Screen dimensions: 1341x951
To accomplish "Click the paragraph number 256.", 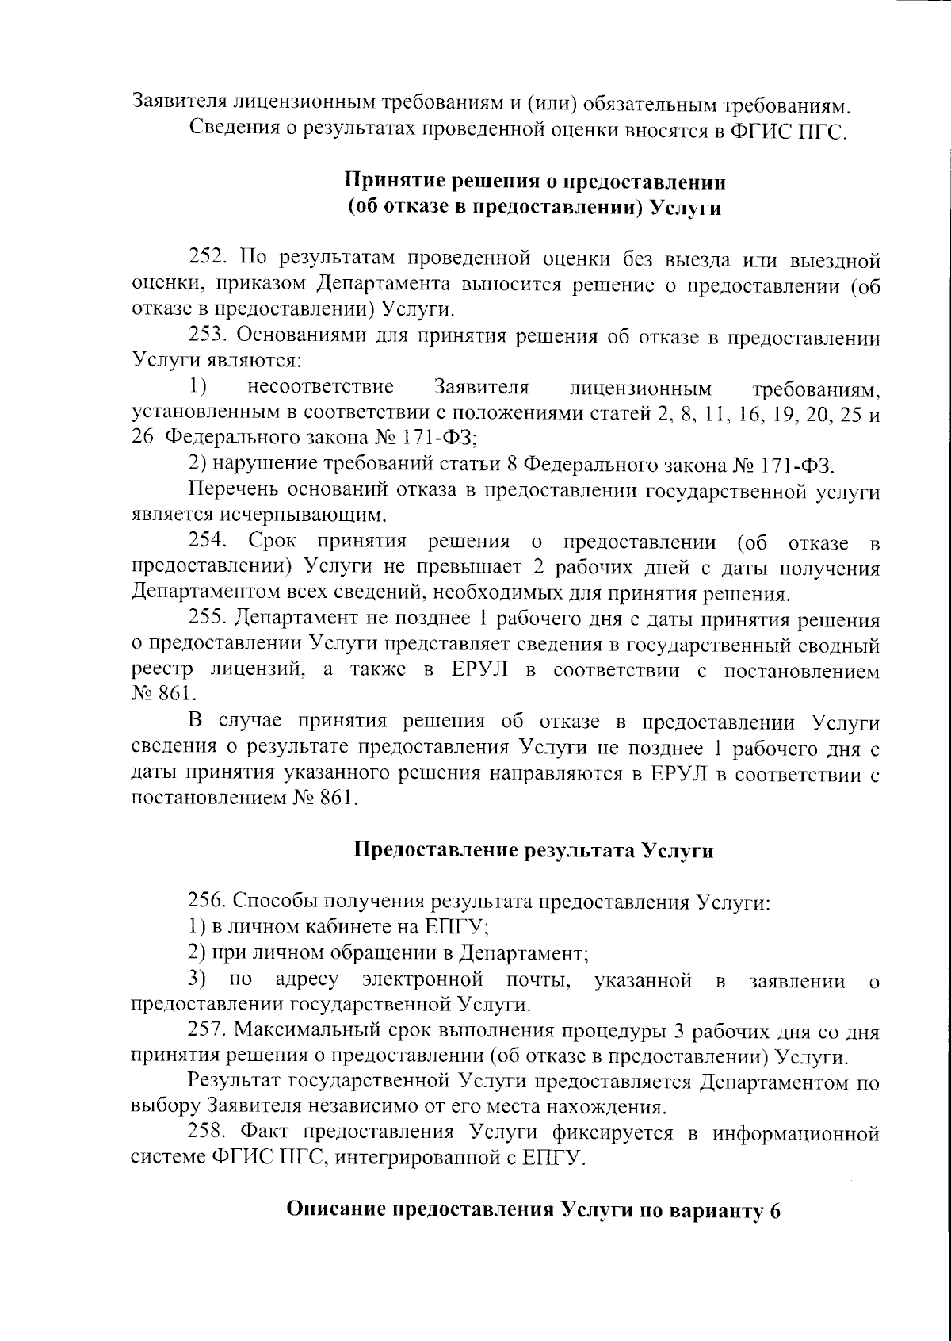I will [x=208, y=902].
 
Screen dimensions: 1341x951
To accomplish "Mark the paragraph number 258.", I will [x=208, y=1133].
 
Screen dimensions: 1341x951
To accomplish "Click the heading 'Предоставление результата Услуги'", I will [x=533, y=851].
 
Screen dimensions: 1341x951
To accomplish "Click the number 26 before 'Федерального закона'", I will [x=141, y=439].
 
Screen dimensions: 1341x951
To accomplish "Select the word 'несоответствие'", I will [x=320, y=389].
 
